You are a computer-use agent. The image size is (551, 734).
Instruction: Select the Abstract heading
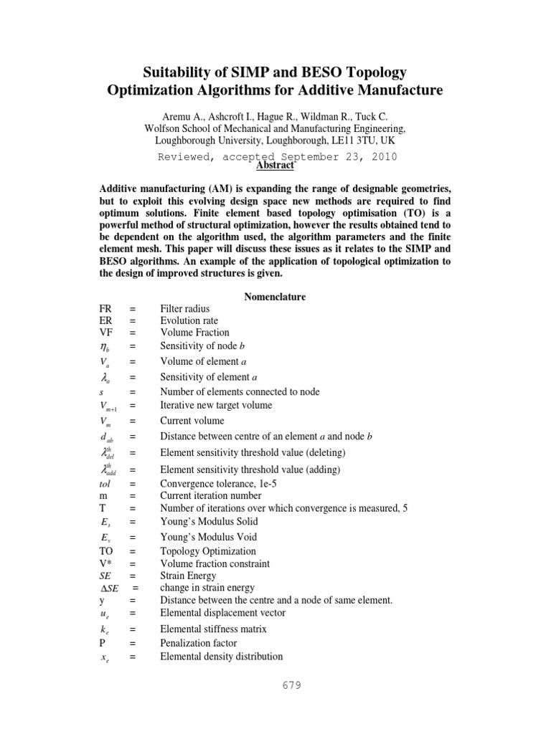(x=275, y=166)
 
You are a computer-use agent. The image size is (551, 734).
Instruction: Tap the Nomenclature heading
(x=275, y=296)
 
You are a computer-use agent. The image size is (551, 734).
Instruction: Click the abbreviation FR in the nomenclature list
(x=107, y=308)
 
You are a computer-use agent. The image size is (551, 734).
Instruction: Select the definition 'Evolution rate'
(x=189, y=320)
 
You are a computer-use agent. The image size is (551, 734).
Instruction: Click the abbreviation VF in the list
(x=107, y=333)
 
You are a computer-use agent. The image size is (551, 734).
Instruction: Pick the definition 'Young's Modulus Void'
(x=208, y=537)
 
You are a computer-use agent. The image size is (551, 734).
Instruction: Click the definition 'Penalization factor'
(x=200, y=644)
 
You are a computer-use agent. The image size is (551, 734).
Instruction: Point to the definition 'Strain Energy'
(x=188, y=576)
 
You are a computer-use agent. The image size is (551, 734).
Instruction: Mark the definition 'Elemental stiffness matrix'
(x=213, y=629)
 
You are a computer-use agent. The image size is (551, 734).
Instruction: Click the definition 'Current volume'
(x=192, y=421)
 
